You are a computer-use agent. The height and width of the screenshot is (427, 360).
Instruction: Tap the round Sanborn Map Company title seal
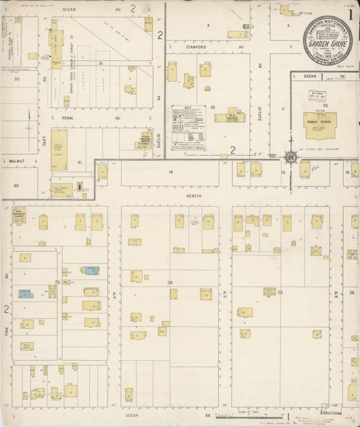click(326, 41)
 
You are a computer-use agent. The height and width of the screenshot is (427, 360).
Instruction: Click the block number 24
click(170, 282)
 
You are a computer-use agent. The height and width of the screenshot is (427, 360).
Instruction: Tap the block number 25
click(280, 292)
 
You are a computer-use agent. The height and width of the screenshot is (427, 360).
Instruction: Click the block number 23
click(58, 282)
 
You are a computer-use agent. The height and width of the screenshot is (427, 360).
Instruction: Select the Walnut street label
click(17, 161)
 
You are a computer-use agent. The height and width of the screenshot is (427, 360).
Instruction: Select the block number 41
click(79, 162)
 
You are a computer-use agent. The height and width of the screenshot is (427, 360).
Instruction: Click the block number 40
click(16, 185)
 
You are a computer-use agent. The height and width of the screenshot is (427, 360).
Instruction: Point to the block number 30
click(16, 79)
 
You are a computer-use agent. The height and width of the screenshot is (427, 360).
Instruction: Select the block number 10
click(212, 107)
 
